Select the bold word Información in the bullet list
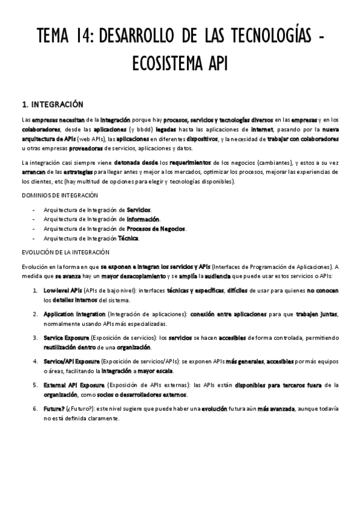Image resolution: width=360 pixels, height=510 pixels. [x=143, y=219]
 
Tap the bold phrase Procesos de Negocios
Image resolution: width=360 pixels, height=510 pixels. [x=156, y=229]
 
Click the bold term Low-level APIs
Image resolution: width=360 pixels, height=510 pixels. [x=63, y=290]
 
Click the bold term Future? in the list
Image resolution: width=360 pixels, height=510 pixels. [x=55, y=409]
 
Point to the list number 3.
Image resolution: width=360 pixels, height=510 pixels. [x=35, y=338]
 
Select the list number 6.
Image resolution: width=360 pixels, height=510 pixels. [x=35, y=409]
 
